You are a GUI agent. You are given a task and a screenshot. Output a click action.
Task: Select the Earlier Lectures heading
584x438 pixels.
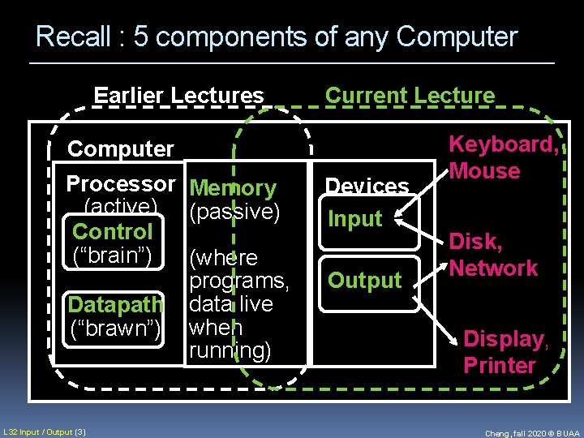point(179,96)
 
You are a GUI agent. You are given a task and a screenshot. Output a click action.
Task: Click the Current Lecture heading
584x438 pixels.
point(410,96)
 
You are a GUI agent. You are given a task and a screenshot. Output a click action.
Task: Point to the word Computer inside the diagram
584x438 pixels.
point(121,149)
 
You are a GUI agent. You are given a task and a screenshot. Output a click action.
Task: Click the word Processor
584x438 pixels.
point(121,184)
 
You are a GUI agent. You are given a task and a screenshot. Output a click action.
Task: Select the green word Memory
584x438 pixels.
point(233,189)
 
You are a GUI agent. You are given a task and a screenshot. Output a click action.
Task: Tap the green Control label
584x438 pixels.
point(112,231)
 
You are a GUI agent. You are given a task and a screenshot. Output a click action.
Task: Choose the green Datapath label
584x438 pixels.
point(116,306)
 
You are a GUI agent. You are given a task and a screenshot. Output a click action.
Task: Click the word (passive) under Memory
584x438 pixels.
point(234,213)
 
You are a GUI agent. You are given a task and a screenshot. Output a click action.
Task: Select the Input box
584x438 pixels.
point(354,219)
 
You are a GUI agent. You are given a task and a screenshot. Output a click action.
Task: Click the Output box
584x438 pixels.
point(364,281)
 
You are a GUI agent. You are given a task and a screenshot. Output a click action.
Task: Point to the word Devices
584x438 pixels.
point(367,187)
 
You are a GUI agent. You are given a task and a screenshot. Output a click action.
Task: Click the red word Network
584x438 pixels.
point(493,268)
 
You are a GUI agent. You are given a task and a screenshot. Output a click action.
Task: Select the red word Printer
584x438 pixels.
point(500,365)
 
